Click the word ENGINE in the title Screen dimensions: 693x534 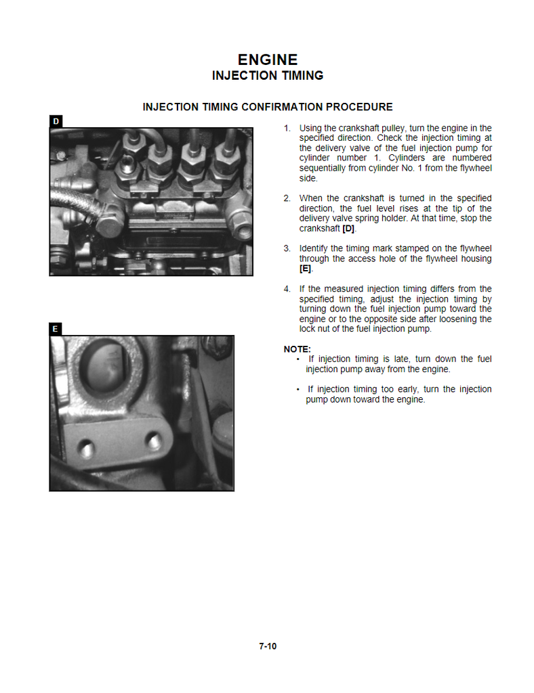point(268,60)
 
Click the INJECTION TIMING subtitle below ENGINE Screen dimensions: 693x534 point(268,76)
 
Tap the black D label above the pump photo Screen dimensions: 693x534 point(56,121)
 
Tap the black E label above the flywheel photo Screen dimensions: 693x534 point(56,329)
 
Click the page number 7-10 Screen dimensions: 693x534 point(268,646)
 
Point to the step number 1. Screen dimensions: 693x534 point(287,128)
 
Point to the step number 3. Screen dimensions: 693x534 point(287,248)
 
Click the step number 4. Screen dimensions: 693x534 point(287,289)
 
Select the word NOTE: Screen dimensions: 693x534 point(297,349)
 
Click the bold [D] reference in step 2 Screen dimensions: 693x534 point(348,229)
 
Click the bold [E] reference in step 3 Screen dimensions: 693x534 point(306,269)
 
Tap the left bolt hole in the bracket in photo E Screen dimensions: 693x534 point(85,449)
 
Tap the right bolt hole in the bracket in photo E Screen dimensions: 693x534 point(155,443)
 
